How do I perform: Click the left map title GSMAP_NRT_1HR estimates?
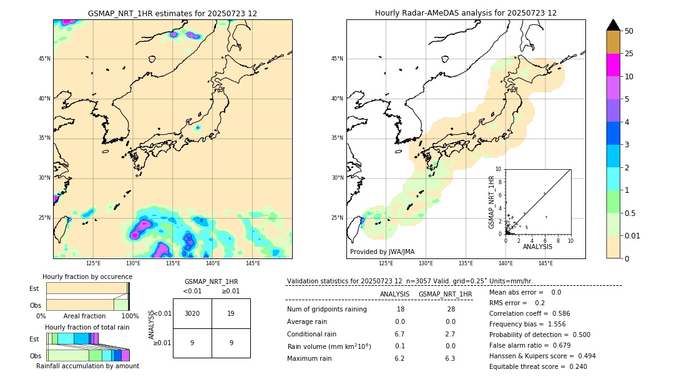click(x=172, y=13)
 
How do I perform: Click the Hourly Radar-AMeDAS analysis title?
click(x=466, y=13)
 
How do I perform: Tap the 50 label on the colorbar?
click(x=629, y=31)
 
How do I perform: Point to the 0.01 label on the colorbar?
click(x=633, y=235)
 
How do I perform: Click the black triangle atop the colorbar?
click(x=613, y=25)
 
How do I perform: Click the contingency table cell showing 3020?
click(x=192, y=313)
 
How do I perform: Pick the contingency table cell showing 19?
click(x=231, y=313)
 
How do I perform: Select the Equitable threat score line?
click(x=538, y=366)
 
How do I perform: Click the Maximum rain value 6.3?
click(x=449, y=358)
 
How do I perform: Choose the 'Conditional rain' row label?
click(x=313, y=334)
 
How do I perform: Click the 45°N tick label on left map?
click(x=44, y=59)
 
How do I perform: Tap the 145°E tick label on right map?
click(x=545, y=263)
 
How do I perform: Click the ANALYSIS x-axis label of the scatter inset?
click(x=537, y=247)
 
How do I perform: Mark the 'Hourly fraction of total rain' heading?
click(x=87, y=328)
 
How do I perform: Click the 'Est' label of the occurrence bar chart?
click(x=34, y=288)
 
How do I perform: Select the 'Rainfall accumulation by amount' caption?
click(x=87, y=366)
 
